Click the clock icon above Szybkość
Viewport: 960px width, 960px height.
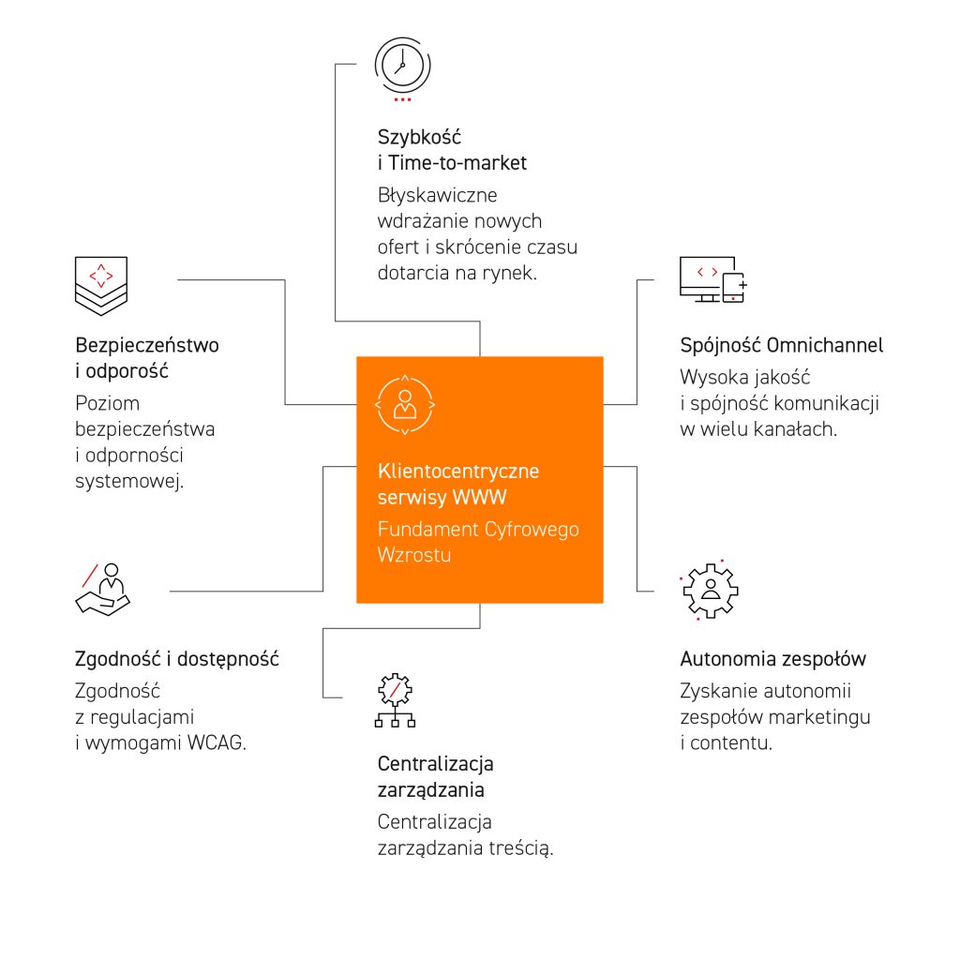[403, 64]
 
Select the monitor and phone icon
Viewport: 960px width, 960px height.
[712, 278]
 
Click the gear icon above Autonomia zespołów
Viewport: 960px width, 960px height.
[710, 590]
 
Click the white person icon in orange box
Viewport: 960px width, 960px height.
[405, 404]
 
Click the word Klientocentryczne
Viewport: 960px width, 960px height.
[458, 471]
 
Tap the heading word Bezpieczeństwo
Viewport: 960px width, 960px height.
[146, 345]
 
